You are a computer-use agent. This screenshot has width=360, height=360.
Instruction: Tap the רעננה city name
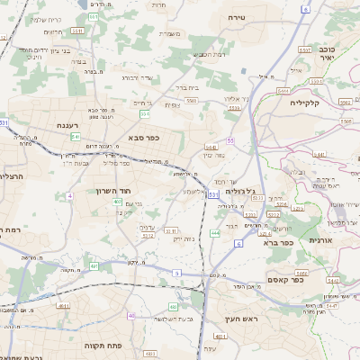tap(67, 126)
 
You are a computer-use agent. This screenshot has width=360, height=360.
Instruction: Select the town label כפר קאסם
tap(309, 280)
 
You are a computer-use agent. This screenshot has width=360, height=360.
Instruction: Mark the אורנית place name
tap(321, 241)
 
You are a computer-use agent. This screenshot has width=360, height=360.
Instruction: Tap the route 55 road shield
tap(230, 141)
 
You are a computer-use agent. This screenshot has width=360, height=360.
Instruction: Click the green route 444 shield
tap(215, 233)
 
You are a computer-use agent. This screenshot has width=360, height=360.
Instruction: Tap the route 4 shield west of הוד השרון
tap(69, 194)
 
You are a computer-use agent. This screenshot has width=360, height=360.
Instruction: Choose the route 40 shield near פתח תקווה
tap(131, 316)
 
